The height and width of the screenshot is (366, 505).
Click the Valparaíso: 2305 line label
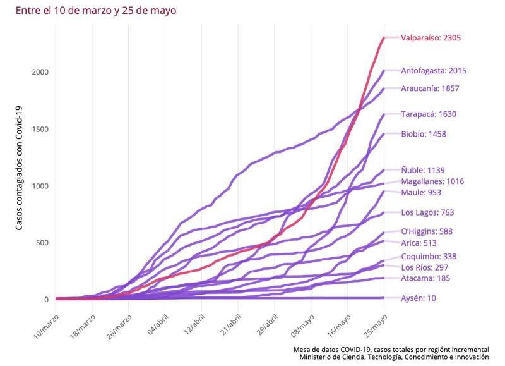pyautogui.click(x=431, y=38)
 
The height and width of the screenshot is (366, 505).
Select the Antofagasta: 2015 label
pyautogui.click(x=434, y=71)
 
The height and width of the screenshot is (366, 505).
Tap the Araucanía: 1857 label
pyautogui.click(x=430, y=88)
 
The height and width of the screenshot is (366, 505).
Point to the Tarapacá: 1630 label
pyautogui.click(x=428, y=114)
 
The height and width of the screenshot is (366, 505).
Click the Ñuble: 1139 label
pyautogui.click(x=423, y=170)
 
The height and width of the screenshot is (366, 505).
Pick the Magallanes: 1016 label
pyautogui.click(x=432, y=181)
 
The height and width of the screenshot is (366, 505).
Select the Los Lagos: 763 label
pyautogui.click(x=427, y=213)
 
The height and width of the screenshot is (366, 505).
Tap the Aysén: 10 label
pyautogui.click(x=418, y=298)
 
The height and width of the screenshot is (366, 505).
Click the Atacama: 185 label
pyautogui.click(x=425, y=278)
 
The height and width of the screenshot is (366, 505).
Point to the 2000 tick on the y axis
pyautogui.click(x=40, y=72)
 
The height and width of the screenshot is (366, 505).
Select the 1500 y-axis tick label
pyautogui.click(x=40, y=129)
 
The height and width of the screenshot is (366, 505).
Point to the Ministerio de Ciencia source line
pyautogui.click(x=394, y=358)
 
